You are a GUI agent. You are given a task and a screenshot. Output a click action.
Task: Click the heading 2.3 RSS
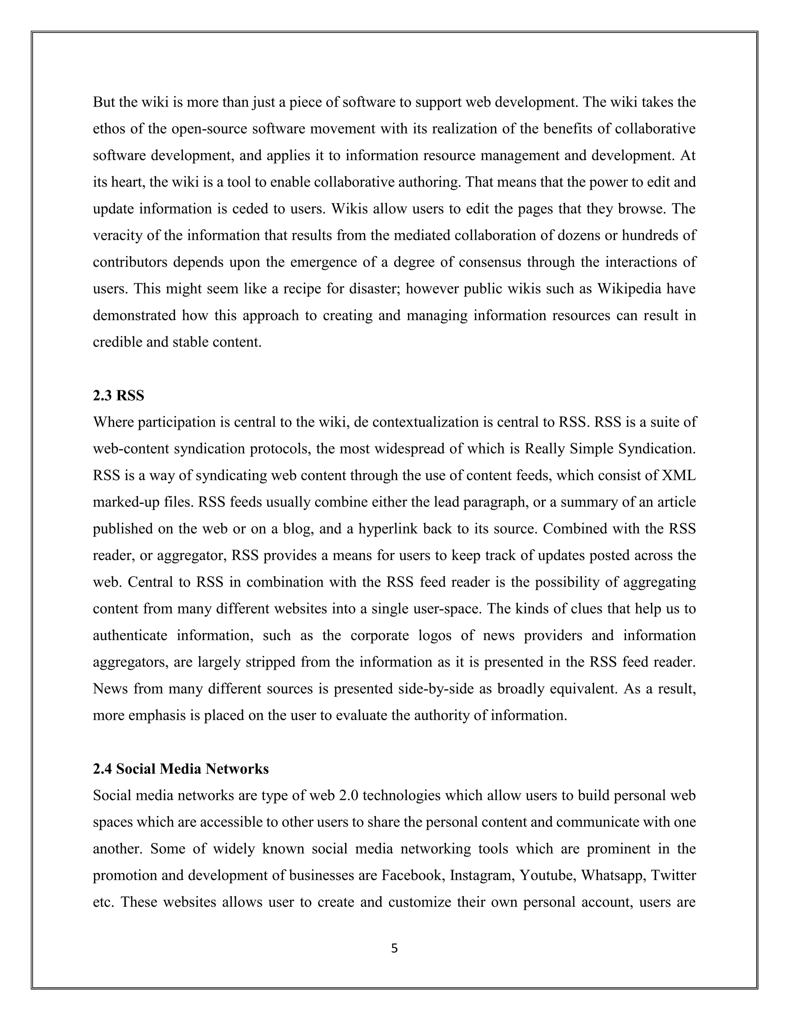tap(118, 396)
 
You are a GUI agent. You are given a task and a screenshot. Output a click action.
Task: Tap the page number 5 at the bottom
tap(394, 948)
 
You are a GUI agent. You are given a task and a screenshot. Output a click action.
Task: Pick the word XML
tap(679, 475)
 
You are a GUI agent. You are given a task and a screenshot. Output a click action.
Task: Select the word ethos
tap(109, 129)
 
